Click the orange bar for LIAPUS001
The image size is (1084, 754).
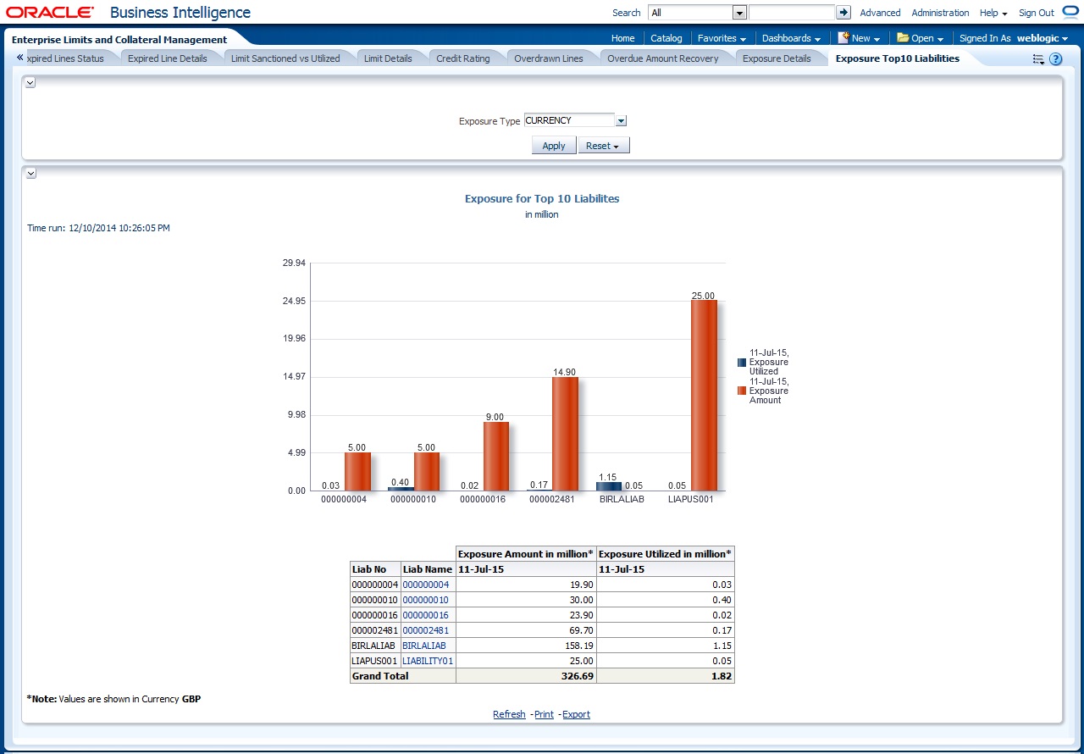tap(704, 396)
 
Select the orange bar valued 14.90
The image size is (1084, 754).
tap(565, 434)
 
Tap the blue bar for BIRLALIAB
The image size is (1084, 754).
tap(608, 486)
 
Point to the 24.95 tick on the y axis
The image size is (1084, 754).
tap(294, 301)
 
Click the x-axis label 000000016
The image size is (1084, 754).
tap(483, 500)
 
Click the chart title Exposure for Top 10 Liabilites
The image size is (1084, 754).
tap(542, 199)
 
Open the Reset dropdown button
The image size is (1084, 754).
tap(603, 146)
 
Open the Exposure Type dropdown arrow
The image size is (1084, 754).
tap(621, 121)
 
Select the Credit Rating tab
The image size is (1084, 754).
tap(462, 58)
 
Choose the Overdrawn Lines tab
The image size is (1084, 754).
tap(548, 58)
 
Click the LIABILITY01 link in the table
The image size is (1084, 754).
tap(428, 661)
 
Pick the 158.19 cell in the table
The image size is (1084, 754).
tap(576, 646)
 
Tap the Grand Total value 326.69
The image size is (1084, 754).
tap(576, 676)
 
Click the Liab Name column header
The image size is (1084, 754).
tap(428, 569)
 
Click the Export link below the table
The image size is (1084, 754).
tap(576, 714)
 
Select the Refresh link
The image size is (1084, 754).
tap(509, 714)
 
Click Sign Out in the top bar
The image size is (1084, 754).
tap(1036, 13)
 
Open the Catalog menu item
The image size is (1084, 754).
tap(666, 38)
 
